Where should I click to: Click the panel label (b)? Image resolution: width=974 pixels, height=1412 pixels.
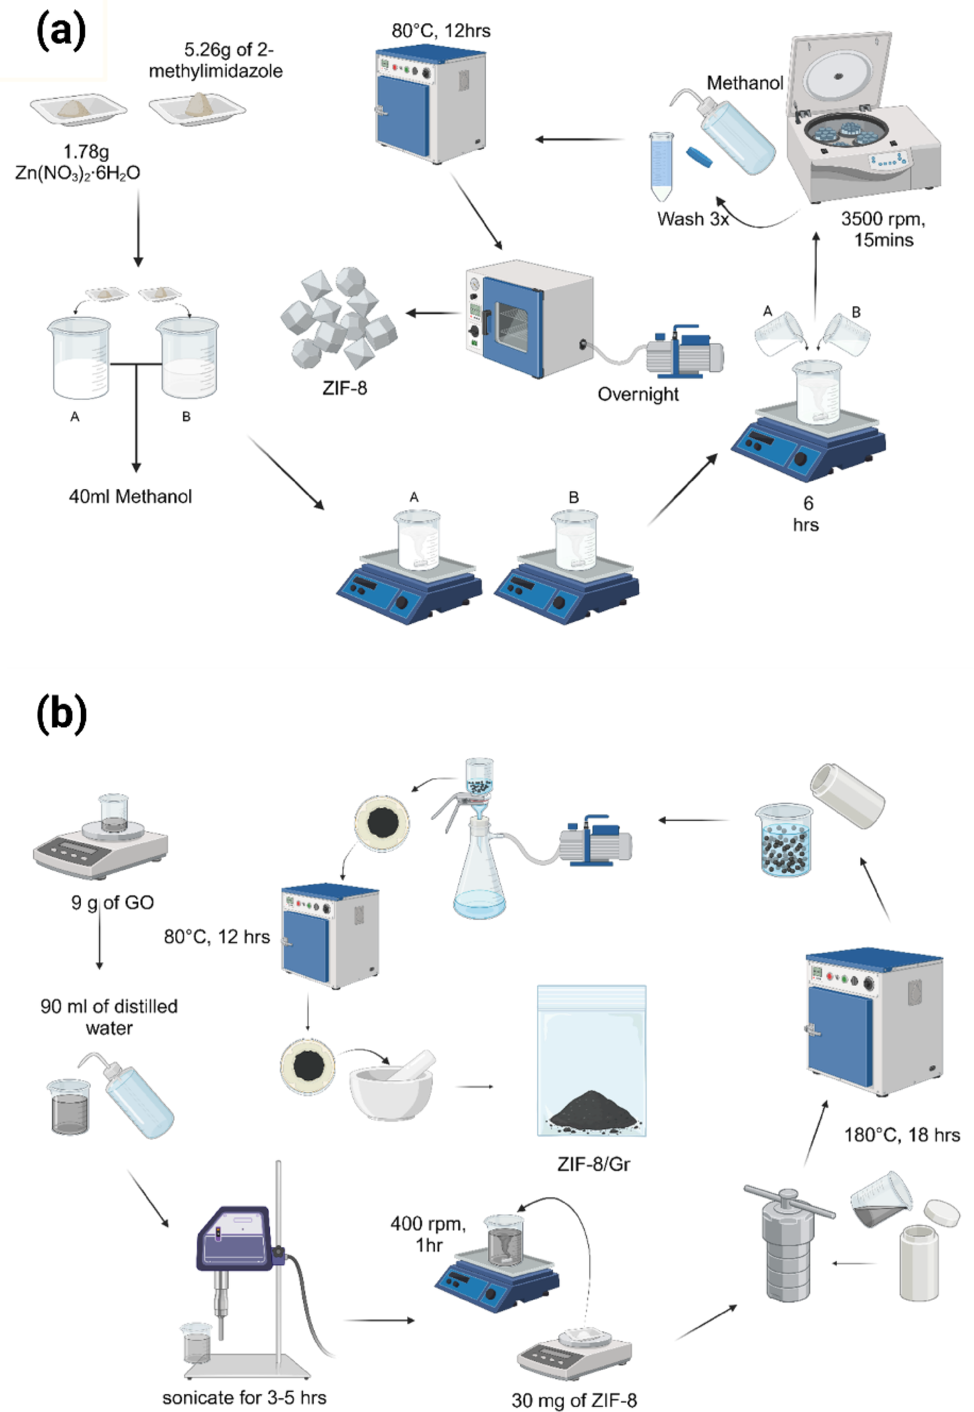point(62,713)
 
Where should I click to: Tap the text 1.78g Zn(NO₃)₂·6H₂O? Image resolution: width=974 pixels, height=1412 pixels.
point(78,162)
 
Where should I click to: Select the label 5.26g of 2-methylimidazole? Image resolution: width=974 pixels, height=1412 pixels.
point(216,60)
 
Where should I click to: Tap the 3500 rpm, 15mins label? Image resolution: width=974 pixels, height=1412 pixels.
point(882,229)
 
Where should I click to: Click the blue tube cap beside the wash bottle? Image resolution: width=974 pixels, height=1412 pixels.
point(699,156)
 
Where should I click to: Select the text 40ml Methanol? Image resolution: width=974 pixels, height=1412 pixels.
point(130,496)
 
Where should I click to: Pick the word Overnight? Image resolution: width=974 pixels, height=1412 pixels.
point(638,394)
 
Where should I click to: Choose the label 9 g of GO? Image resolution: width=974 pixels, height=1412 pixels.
point(113,902)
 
